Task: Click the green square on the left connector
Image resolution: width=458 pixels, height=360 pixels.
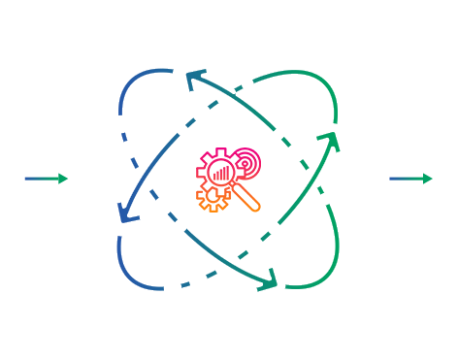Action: click(x=63, y=179)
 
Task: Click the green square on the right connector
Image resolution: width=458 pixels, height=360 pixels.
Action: click(x=427, y=179)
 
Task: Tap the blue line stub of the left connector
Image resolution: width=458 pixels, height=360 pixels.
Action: click(x=38, y=179)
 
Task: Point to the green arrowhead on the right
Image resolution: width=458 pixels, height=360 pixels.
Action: click(x=333, y=141)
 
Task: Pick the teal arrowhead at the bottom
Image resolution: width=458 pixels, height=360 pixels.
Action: click(x=267, y=280)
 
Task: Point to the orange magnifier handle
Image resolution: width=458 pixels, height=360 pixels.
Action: click(x=251, y=203)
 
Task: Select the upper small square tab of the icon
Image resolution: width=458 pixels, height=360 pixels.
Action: click(x=200, y=173)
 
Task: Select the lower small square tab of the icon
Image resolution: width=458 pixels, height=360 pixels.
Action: click(x=200, y=195)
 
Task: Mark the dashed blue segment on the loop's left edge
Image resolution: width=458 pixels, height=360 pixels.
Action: click(x=123, y=136)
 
